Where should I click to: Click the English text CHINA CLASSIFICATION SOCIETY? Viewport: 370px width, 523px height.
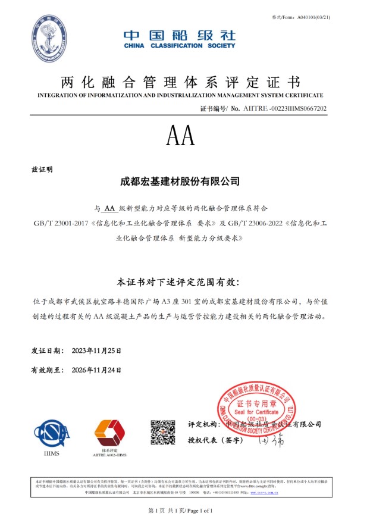point(180,46)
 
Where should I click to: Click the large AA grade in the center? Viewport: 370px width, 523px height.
point(180,137)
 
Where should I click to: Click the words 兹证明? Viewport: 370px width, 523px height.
point(42,169)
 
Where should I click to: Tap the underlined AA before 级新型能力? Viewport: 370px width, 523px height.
point(109,209)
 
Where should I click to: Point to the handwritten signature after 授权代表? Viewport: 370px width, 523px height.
point(272,441)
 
